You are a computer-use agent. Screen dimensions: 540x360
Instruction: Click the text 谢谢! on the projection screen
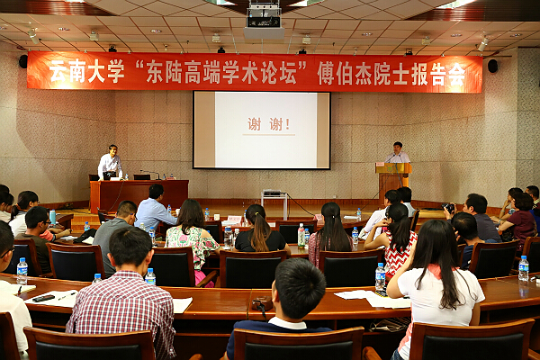coord(268,124)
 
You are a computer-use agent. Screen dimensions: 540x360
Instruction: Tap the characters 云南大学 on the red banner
coord(86,71)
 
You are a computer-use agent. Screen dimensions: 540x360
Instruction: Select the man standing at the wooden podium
coord(398,153)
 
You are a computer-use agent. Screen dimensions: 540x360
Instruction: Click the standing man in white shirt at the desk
coord(110,162)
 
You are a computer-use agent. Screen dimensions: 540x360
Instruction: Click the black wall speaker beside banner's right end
coord(492,66)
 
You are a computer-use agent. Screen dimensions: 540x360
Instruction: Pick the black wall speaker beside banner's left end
coord(23,61)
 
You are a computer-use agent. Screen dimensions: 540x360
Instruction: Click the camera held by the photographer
coord(448,208)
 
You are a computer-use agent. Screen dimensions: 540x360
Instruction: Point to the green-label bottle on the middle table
coord(301,235)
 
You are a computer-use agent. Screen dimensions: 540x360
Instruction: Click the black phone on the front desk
coord(43,298)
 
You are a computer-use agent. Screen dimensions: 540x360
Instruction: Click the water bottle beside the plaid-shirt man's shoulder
coord(150,276)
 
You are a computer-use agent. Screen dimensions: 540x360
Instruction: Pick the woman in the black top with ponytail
coord(260,229)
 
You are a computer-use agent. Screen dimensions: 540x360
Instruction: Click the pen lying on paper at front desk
coord(67,296)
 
